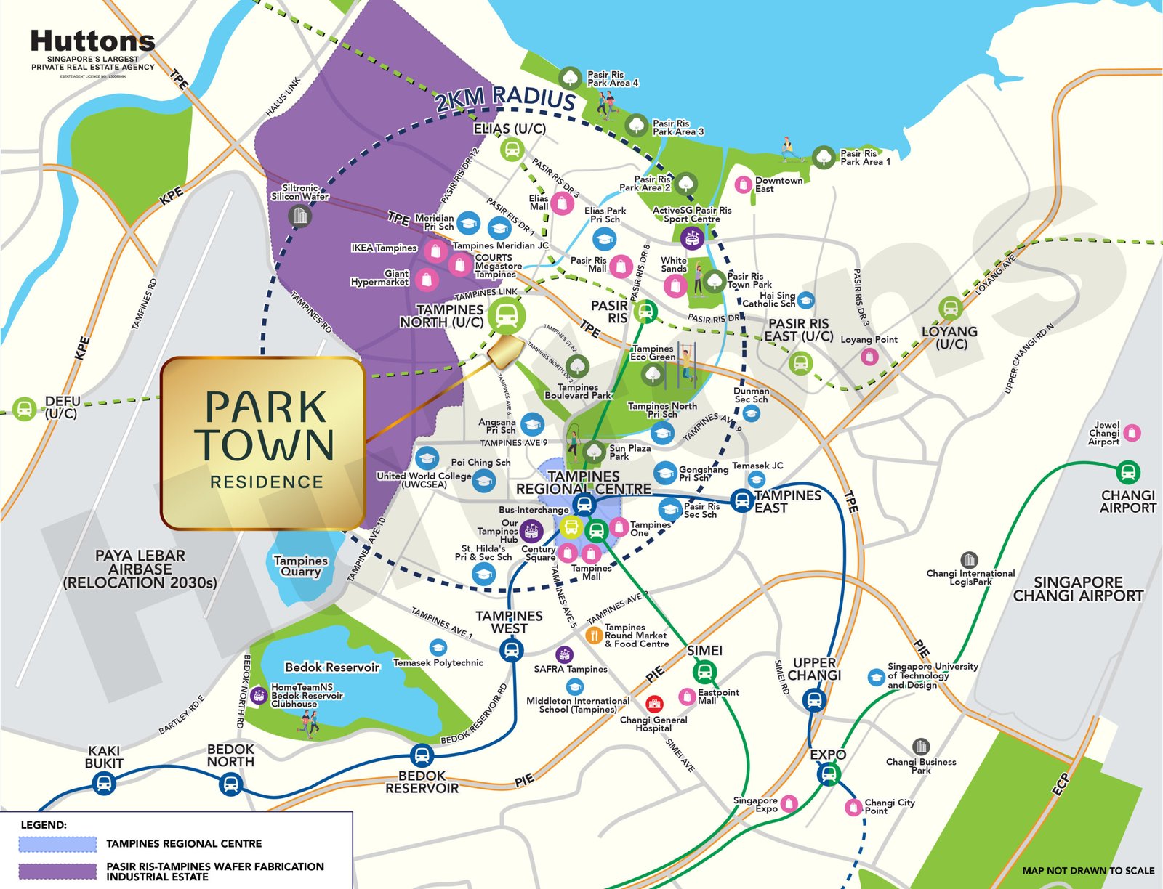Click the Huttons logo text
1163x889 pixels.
[92, 41]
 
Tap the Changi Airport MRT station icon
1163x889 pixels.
[1127, 472]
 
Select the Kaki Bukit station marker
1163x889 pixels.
[103, 783]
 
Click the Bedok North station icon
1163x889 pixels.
[230, 783]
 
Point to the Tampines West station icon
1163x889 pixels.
[512, 649]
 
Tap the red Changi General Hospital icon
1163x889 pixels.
[654, 704]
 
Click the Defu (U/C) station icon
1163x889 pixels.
[24, 408]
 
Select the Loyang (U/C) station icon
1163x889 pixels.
[950, 308]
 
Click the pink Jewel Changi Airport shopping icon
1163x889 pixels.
[1132, 434]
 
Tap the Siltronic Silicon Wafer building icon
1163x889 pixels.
[299, 216]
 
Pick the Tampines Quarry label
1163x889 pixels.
[301, 566]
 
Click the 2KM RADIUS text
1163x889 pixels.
[505, 99]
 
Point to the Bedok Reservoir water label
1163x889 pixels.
[332, 667]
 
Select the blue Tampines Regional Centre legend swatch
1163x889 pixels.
[57, 844]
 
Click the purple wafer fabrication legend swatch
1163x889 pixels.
[57, 871]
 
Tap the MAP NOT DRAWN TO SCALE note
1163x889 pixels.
[1087, 870]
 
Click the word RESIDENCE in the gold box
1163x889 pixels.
[266, 482]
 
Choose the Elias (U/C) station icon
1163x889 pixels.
[511, 150]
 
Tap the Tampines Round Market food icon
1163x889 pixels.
[594, 636]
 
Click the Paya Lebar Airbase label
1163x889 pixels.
[140, 569]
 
